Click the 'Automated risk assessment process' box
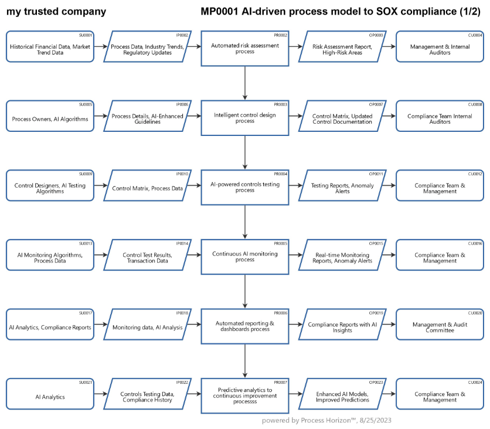pos(245,47)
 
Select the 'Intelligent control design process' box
pos(245,116)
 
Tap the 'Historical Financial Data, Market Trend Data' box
pos(50,47)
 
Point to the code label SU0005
pos(86,104)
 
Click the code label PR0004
pos(280,174)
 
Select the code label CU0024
pos(475,382)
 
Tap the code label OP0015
pos(376,243)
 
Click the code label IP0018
pos(182,313)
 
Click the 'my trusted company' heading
pos(56,12)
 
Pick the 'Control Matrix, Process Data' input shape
pos(147,186)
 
